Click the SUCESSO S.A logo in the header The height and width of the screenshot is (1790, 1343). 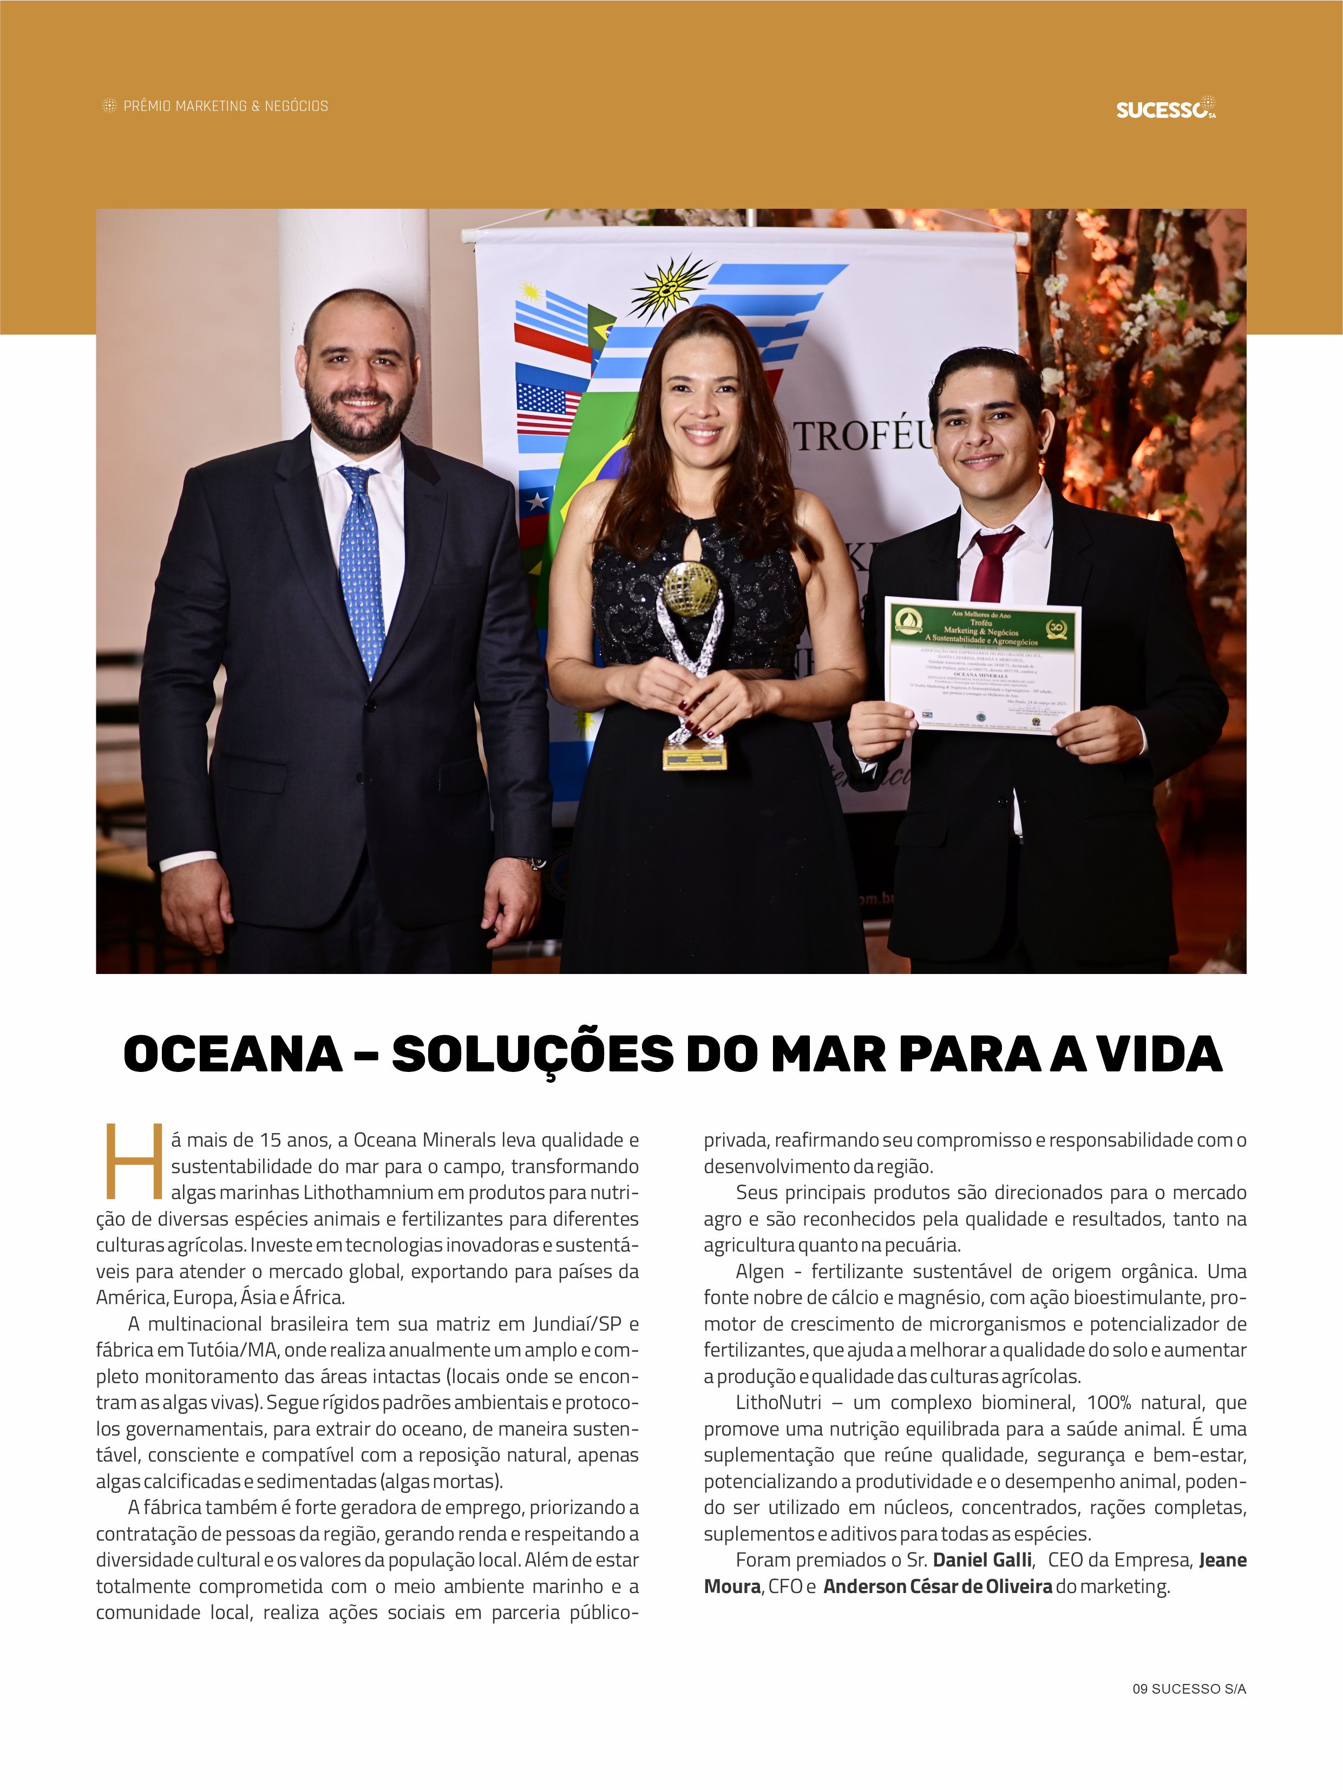click(x=1165, y=108)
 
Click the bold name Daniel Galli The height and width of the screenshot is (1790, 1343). click(x=982, y=1560)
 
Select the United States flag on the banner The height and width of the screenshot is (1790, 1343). click(x=549, y=408)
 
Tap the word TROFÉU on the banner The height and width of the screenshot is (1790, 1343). click(x=864, y=437)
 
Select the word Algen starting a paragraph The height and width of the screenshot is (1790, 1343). click(x=759, y=1271)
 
